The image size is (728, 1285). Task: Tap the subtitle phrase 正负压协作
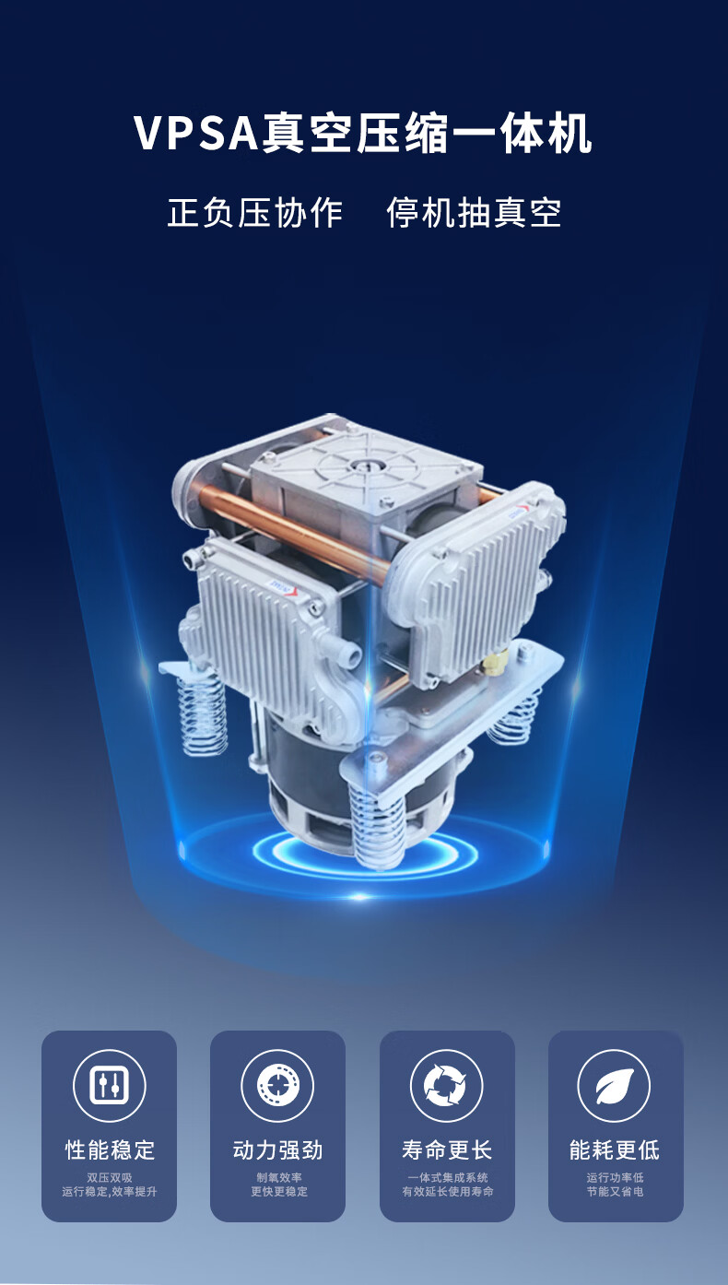pyautogui.click(x=255, y=213)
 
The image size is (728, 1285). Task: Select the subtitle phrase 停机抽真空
pyautogui.click(x=474, y=213)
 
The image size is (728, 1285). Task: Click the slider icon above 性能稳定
pyautogui.click(x=109, y=1085)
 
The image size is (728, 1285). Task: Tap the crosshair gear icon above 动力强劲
pyautogui.click(x=277, y=1085)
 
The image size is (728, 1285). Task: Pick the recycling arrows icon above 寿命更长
pyautogui.click(x=446, y=1085)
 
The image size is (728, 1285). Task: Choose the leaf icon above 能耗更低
pyautogui.click(x=615, y=1086)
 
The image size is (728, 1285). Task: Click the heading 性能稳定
pyautogui.click(x=110, y=1149)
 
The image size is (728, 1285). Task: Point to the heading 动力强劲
pyautogui.click(x=277, y=1149)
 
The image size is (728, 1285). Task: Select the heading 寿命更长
pyautogui.click(x=446, y=1149)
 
